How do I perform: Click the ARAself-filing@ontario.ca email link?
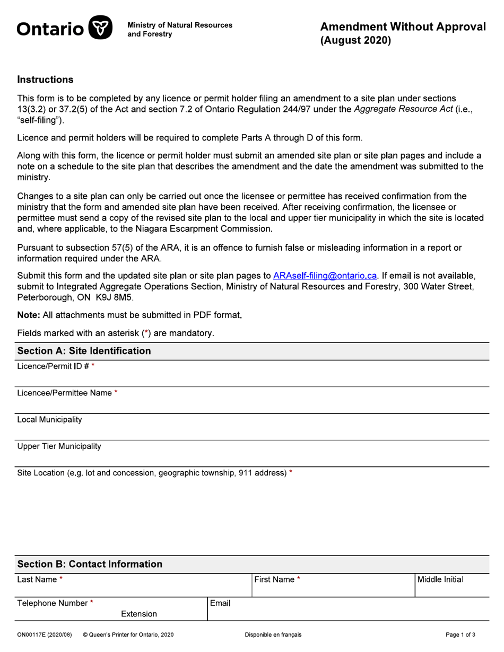tap(325, 276)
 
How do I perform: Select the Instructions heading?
tap(45, 80)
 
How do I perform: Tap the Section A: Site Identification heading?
tap(84, 351)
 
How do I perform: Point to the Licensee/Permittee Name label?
tap(65, 393)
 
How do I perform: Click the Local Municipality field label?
tap(49, 420)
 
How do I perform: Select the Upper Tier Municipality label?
tap(59, 446)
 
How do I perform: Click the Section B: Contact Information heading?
tap(90, 564)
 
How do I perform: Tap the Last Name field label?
tap(37, 580)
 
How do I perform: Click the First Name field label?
tap(274, 580)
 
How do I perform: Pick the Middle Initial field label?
tap(440, 580)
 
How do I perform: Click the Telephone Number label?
tap(53, 603)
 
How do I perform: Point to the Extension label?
tap(138, 614)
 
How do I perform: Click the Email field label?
tap(220, 603)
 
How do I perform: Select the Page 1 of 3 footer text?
tap(460, 635)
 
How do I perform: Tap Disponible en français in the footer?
tap(273, 635)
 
